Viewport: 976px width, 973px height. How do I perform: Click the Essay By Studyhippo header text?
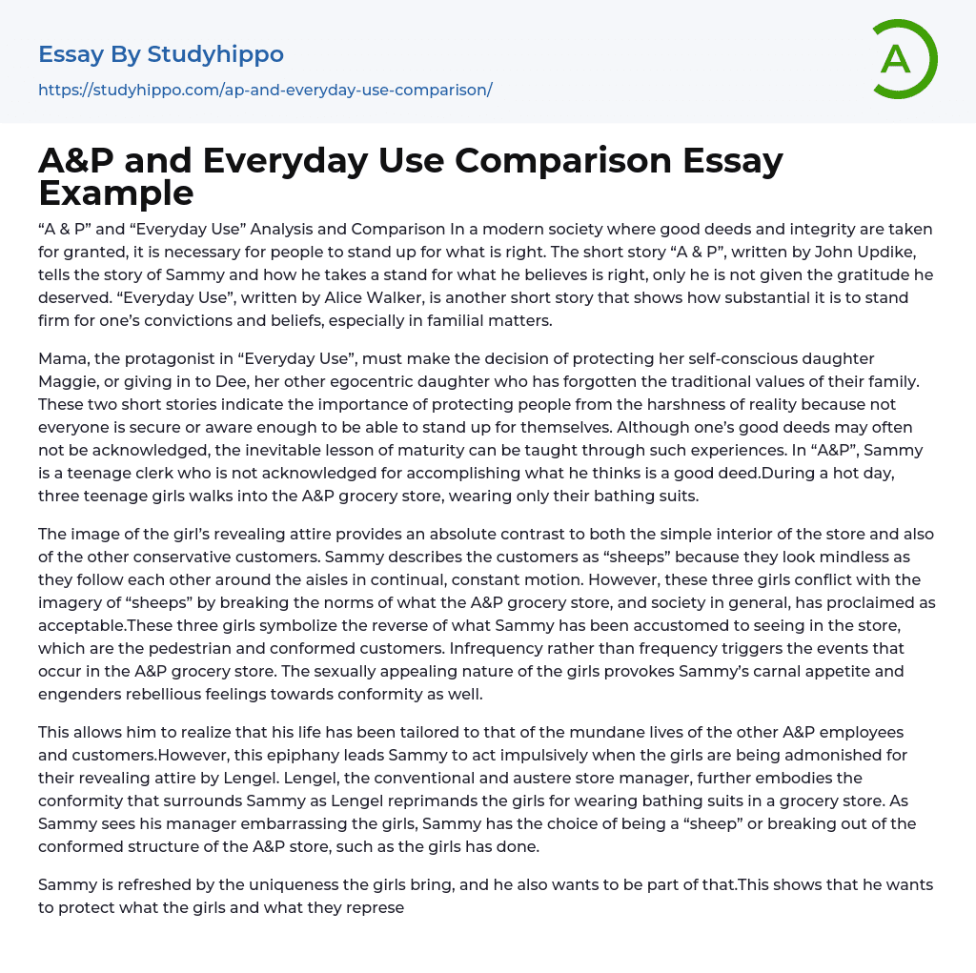[161, 54]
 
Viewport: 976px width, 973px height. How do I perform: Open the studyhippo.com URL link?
[265, 90]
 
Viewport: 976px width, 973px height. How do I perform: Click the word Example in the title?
[116, 193]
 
